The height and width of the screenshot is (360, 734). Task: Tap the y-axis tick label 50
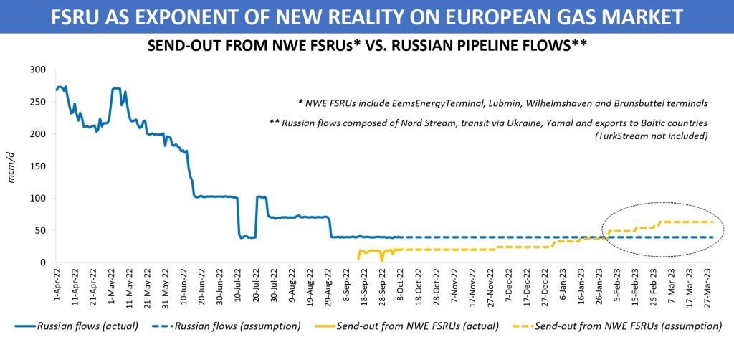39,231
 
